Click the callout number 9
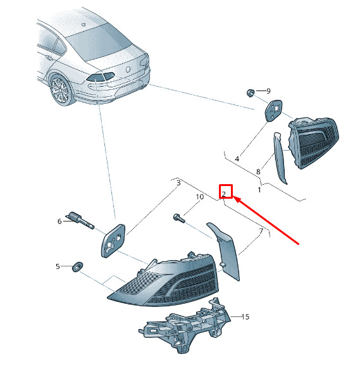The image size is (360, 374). coord(268,91)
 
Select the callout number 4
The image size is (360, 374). coord(237,159)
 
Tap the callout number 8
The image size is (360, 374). coord(258,171)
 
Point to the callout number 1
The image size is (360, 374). coord(259,190)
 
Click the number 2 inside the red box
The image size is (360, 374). coord(223,194)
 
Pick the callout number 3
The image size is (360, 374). coord(178,183)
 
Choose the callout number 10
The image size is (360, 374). coord(200,197)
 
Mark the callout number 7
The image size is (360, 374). coord(261,231)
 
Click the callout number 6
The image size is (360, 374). coord(59,221)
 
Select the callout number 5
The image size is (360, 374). coord(58,266)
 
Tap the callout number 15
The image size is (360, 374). coord(245,317)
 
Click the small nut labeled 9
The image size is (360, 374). coord(250,93)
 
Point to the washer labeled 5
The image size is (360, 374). coord(77,267)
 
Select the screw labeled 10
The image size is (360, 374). coord(178,218)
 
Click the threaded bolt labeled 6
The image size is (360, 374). coord(80,220)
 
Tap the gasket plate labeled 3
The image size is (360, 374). coord(113,241)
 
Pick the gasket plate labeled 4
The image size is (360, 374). coord(273,111)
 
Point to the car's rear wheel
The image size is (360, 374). coord(61,90)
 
